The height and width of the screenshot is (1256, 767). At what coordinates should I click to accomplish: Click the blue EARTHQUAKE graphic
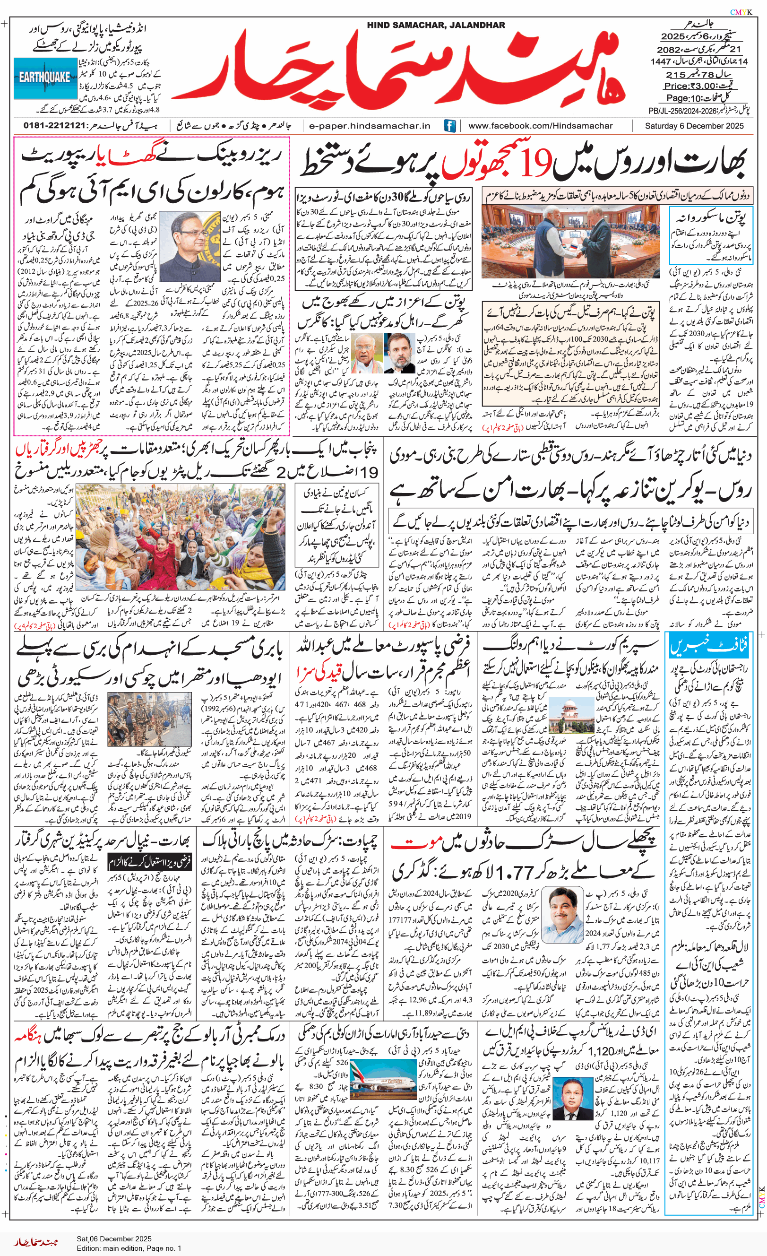pyautogui.click(x=45, y=78)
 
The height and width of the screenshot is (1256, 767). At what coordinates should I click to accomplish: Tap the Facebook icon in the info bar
pyautogui.click(x=449, y=126)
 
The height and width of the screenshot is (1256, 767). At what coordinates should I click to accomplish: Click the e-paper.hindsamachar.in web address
pyautogui.click(x=370, y=126)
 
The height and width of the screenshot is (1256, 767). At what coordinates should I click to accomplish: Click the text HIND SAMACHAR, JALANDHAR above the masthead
pyautogui.click(x=436, y=25)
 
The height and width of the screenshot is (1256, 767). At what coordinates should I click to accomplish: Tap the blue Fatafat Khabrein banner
pyautogui.click(x=709, y=647)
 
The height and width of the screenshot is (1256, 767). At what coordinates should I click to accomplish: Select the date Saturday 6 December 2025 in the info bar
pyautogui.click(x=694, y=126)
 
